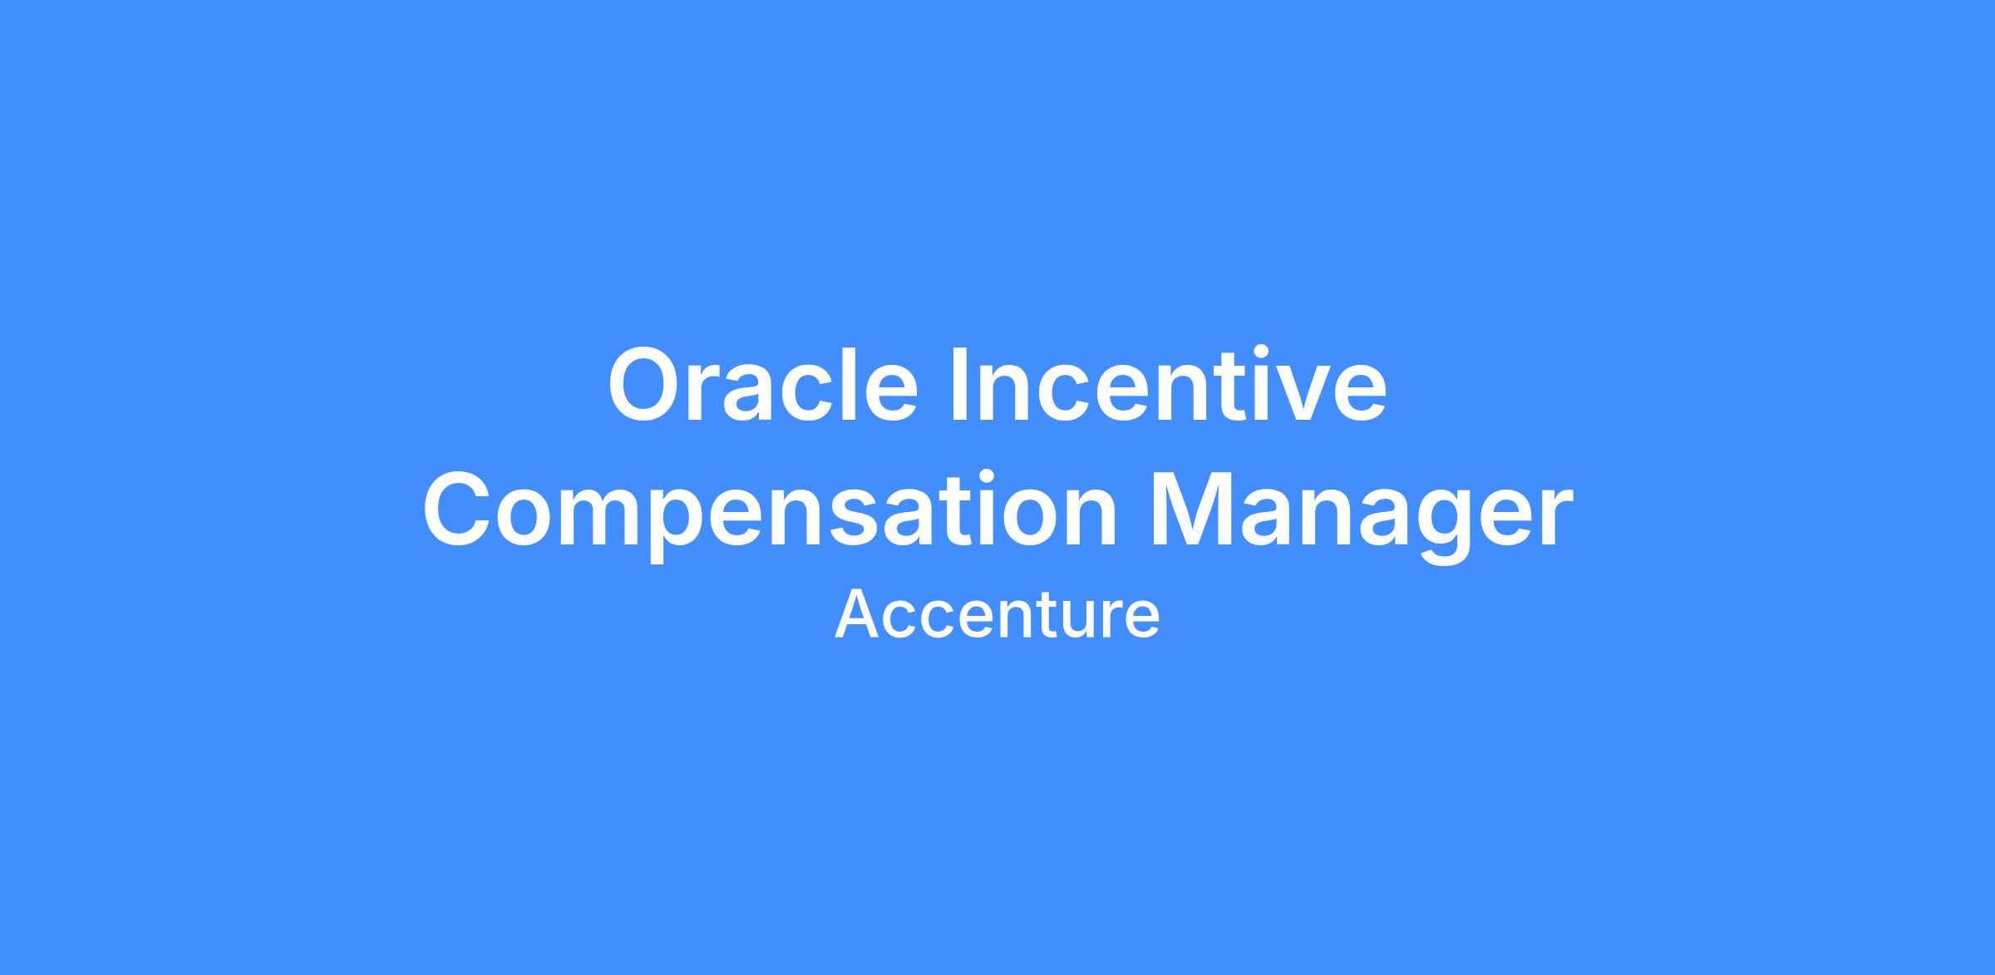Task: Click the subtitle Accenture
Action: click(x=997, y=616)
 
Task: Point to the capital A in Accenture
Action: click(x=858, y=615)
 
